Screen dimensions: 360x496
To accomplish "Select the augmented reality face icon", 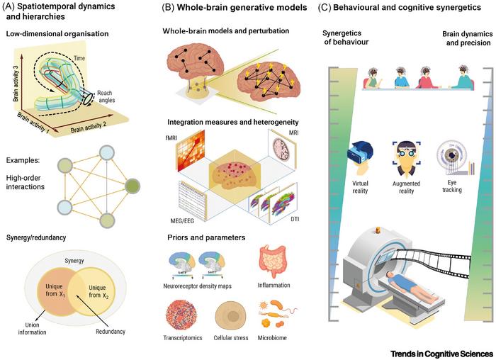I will (400, 159).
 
